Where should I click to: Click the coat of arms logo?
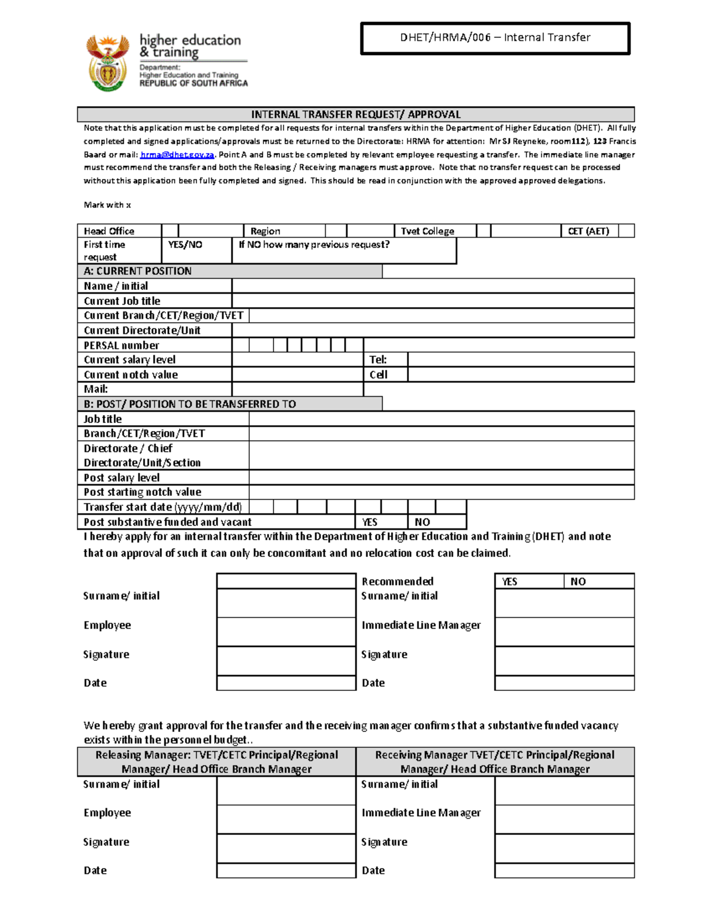pyautogui.click(x=107, y=62)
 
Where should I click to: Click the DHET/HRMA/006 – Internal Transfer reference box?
pyautogui.click(x=495, y=38)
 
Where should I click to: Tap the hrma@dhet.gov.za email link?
pyautogui.click(x=177, y=155)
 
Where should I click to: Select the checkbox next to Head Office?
pyautogui.click(x=170, y=231)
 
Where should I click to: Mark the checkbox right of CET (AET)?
pyautogui.click(x=626, y=231)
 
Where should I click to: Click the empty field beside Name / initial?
pyautogui.click(x=433, y=286)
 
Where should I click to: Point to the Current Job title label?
pyautogui.click(x=122, y=301)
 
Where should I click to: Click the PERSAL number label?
pyautogui.click(x=122, y=345)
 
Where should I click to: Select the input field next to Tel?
pyautogui.click(x=520, y=359)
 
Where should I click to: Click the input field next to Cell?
pyautogui.click(x=520, y=374)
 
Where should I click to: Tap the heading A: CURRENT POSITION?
pyautogui.click(x=138, y=271)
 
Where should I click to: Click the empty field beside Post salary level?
pyautogui.click(x=441, y=477)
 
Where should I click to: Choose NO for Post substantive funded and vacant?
pyautogui.click(x=436, y=522)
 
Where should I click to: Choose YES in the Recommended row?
pyautogui.click(x=528, y=581)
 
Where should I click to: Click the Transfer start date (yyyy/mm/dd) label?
pyautogui.click(x=163, y=507)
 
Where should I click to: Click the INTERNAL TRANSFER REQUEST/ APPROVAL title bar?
pyautogui.click(x=355, y=114)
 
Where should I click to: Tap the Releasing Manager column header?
pyautogui.click(x=217, y=761)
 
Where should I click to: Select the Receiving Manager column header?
pyautogui.click(x=495, y=761)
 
